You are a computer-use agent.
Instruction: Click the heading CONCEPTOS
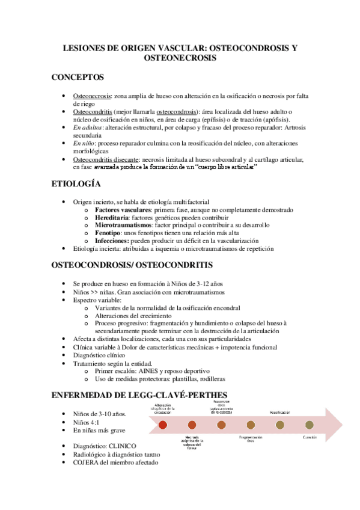click(x=78, y=78)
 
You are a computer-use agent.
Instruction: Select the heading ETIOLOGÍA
click(x=76, y=183)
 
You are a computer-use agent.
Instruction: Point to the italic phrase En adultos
click(x=88, y=128)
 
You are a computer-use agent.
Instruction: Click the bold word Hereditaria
click(x=113, y=218)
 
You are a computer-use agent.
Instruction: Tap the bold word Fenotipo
click(x=109, y=233)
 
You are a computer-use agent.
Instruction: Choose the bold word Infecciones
click(x=112, y=241)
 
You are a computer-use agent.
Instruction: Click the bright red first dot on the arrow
click(x=163, y=425)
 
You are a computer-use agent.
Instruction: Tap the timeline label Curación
click(x=310, y=437)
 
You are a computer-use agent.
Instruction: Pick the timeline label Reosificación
click(x=280, y=413)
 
